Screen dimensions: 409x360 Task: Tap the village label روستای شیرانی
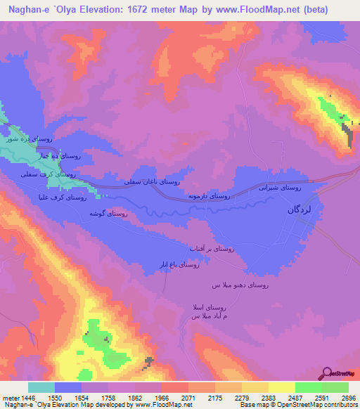point(281,188)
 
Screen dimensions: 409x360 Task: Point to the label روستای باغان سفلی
point(153,181)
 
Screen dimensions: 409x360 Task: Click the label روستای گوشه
point(108,213)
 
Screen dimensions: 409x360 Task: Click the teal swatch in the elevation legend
point(41,387)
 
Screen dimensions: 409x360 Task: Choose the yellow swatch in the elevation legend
point(281,387)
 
